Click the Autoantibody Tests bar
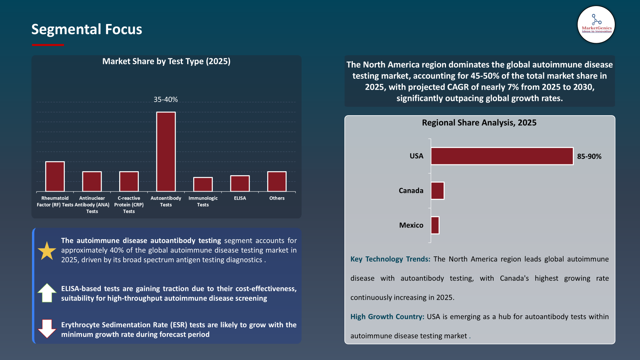pyautogui.click(x=166, y=152)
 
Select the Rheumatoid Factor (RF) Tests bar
pyautogui.click(x=55, y=176)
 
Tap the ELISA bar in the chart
pyautogui.click(x=240, y=183)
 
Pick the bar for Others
pyautogui.click(x=277, y=181)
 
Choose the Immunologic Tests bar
pyautogui.click(x=203, y=184)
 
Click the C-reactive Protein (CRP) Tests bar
pyautogui.click(x=129, y=181)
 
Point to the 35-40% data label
pyautogui.click(x=166, y=100)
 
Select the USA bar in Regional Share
pyautogui.click(x=502, y=156)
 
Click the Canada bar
pyautogui.click(x=437, y=191)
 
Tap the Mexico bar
pyautogui.click(x=435, y=225)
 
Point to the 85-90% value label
pyautogui.click(x=589, y=156)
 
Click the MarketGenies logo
pyautogui.click(x=596, y=24)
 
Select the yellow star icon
pyautogui.click(x=47, y=251)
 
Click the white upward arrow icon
pyautogui.click(x=47, y=293)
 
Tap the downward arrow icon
pyautogui.click(x=47, y=329)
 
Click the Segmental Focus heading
pyautogui.click(x=87, y=29)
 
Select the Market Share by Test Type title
pyautogui.click(x=166, y=61)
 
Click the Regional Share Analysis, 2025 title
pyautogui.click(x=479, y=123)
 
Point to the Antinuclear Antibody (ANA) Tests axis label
pyautogui.click(x=92, y=204)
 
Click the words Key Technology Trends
pyautogui.click(x=390, y=259)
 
